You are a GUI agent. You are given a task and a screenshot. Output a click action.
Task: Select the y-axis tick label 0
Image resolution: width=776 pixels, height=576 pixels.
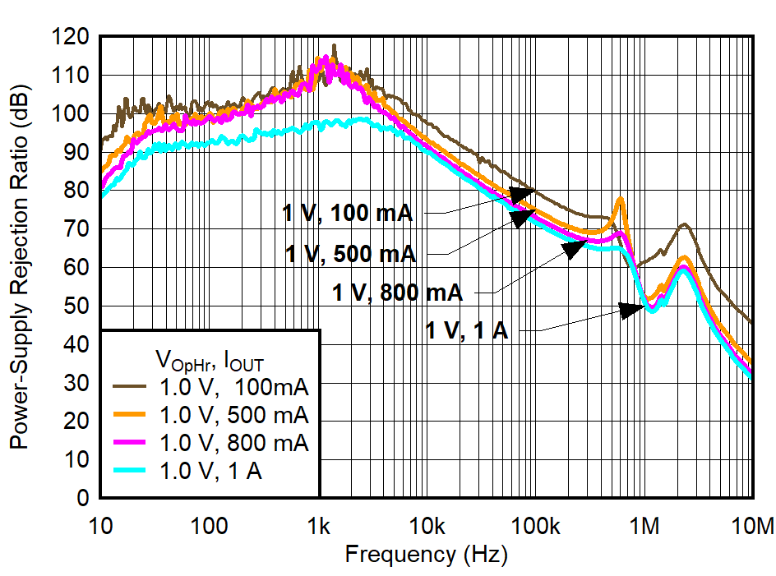click(84, 498)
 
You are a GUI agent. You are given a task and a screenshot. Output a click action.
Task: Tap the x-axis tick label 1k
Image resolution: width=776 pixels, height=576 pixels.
click(319, 525)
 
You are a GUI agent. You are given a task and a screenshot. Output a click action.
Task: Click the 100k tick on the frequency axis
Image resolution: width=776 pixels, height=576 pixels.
click(535, 525)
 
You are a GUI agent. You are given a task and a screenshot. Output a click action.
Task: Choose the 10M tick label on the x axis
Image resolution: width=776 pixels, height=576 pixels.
click(751, 525)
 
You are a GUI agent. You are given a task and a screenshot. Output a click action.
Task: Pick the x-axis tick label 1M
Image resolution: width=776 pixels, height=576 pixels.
click(644, 525)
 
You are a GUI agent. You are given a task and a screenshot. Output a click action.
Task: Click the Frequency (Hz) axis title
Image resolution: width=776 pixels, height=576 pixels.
click(426, 554)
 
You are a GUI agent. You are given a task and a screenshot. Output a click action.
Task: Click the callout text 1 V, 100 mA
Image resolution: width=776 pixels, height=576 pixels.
click(347, 214)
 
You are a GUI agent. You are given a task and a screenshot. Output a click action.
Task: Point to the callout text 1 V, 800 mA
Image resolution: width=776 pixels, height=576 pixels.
click(397, 292)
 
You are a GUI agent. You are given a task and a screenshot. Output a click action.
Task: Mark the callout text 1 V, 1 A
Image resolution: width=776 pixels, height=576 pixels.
click(467, 331)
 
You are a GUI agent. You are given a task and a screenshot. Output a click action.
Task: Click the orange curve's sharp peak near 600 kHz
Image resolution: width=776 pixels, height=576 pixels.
click(620, 199)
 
